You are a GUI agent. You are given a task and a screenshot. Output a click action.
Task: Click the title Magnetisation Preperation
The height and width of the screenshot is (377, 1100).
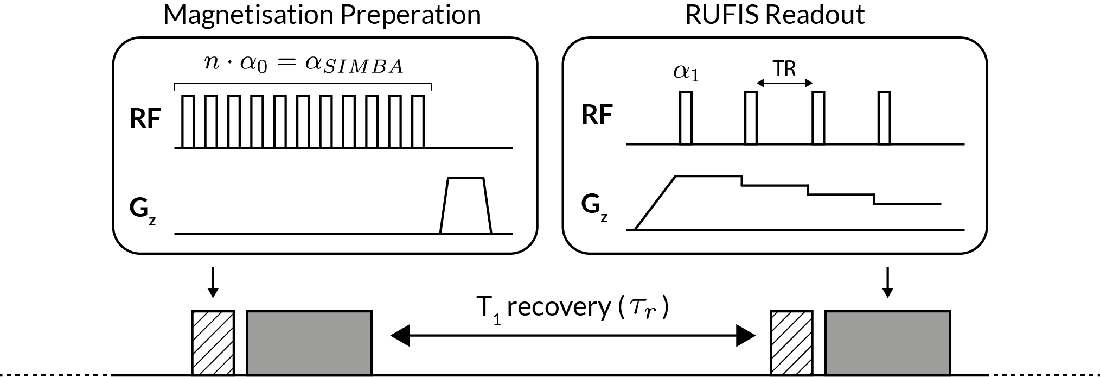(322, 15)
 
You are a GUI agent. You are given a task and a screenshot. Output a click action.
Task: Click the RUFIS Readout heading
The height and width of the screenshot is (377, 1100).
(775, 15)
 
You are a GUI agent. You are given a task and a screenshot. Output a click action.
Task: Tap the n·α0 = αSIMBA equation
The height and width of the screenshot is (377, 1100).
(304, 65)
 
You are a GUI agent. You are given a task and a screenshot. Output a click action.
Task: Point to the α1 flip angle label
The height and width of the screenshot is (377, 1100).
(686, 73)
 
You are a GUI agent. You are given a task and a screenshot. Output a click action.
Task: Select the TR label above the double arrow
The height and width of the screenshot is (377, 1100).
(784, 69)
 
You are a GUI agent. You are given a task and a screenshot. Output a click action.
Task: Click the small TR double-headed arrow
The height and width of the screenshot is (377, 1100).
(785, 83)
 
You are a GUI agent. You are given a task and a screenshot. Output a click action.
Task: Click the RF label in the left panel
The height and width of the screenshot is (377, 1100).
(145, 119)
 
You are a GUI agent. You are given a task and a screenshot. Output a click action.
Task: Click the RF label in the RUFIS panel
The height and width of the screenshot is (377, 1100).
(597, 116)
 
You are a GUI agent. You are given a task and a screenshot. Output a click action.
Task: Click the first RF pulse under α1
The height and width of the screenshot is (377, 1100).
(686, 118)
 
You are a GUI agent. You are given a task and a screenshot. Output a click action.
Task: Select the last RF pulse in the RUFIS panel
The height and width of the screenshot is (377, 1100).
(884, 118)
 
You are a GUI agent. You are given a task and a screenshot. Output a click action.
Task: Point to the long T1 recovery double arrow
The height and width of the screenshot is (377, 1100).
(573, 337)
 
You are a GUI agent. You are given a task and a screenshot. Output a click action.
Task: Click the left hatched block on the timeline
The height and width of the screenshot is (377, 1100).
(213, 343)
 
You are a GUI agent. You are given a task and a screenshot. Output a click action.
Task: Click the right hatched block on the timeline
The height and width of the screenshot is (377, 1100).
(791, 343)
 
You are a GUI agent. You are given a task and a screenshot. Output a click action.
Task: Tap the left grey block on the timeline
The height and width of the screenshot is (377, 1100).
(309, 343)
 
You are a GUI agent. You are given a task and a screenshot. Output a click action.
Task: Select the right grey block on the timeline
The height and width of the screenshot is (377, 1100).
(887, 343)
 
